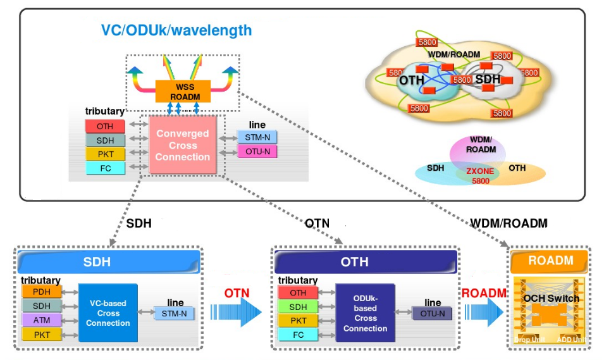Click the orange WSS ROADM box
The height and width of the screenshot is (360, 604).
click(183, 92)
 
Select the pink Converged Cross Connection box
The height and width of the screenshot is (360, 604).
click(182, 144)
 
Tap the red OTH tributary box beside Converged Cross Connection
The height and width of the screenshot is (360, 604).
click(105, 127)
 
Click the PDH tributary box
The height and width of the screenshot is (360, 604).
click(42, 292)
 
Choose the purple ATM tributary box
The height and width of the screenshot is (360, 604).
click(42, 320)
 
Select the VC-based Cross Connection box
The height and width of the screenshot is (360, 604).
click(108, 313)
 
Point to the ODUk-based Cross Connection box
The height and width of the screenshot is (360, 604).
click(365, 313)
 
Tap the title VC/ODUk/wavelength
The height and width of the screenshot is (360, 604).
click(176, 30)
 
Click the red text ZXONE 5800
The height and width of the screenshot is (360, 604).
click(481, 175)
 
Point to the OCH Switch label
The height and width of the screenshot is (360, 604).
click(551, 298)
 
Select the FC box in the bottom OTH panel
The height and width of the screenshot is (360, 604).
click(298, 335)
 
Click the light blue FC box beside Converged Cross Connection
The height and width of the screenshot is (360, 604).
click(105, 168)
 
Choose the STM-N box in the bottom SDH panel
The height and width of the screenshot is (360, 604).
click(175, 313)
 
